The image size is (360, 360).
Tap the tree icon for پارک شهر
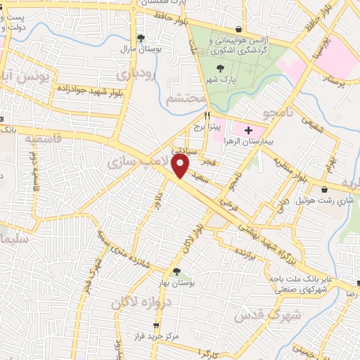pos(221,68)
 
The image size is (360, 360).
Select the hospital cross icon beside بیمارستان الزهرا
pos(247,131)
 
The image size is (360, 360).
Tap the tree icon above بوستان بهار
pos(176,271)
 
